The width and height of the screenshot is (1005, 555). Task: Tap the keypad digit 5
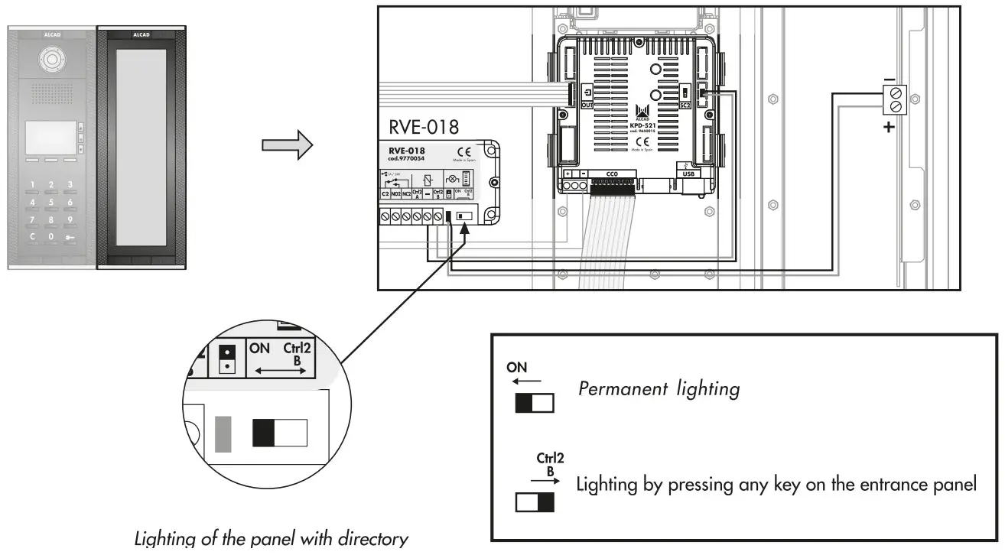tap(51, 203)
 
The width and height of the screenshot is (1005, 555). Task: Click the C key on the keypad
tap(32, 237)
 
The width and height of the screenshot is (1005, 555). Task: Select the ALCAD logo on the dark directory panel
tap(141, 34)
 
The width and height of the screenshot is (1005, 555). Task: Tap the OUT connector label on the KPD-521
tap(587, 104)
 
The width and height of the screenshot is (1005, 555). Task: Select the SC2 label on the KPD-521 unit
tap(685, 105)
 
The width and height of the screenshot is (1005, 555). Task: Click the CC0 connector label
tap(611, 174)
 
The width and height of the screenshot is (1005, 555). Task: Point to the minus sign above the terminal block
tap(889, 79)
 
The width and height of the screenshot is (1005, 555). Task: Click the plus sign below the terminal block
tap(888, 127)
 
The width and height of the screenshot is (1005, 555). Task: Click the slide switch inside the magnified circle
tap(280, 433)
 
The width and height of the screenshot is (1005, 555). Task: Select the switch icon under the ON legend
tap(534, 403)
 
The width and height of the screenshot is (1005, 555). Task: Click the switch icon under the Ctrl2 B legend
tap(535, 502)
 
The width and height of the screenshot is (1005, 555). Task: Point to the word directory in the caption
tap(374, 539)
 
